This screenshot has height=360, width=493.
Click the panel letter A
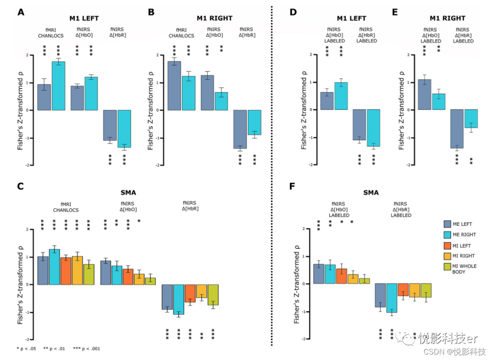(21, 13)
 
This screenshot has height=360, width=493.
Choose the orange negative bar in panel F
(403, 290)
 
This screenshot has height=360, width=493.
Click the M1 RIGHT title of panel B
(215, 18)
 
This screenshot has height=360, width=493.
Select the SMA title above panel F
(370, 193)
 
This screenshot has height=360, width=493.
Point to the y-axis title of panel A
(21, 110)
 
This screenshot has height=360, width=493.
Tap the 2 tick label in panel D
(310, 55)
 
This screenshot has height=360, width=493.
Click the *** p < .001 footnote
(87, 349)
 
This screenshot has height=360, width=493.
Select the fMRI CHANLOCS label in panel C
(66, 207)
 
